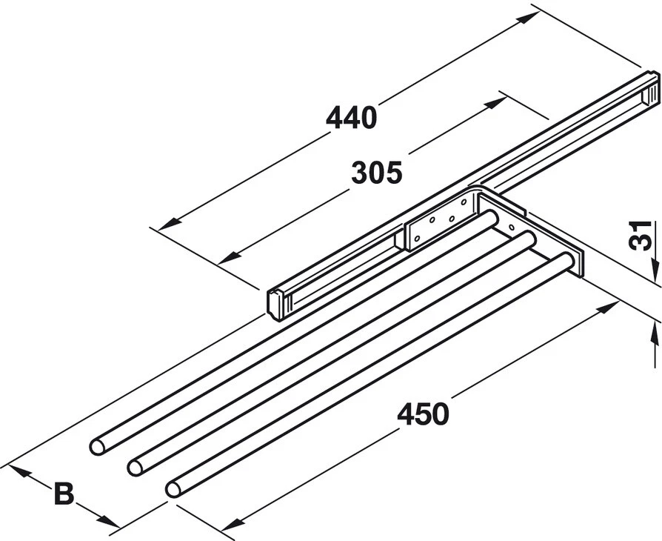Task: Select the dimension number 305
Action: pos(376,173)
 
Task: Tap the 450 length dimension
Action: pos(422,414)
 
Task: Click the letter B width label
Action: pos(64,493)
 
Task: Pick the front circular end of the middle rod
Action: pos(136,466)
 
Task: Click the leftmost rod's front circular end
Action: pos(98,446)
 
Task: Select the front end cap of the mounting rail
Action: pos(277,304)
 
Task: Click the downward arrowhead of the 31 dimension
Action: pos(655,276)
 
